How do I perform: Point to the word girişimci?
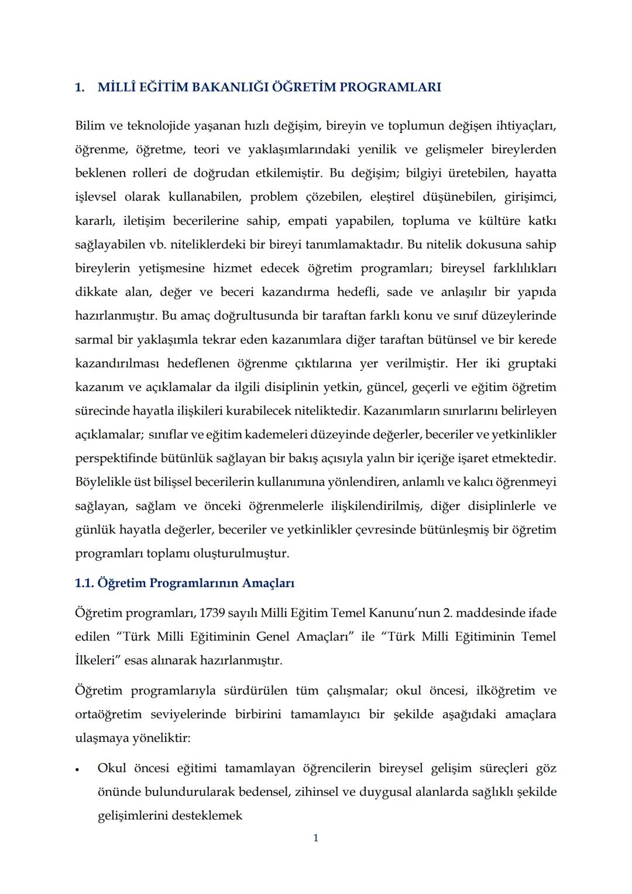point(531,197)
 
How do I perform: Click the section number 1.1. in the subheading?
point(85,583)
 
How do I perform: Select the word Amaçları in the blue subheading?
point(268,583)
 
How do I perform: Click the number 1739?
point(212,613)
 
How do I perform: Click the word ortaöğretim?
point(108,714)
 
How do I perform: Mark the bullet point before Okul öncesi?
point(77,769)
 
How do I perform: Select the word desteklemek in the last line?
point(207,816)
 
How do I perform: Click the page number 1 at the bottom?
point(316,838)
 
